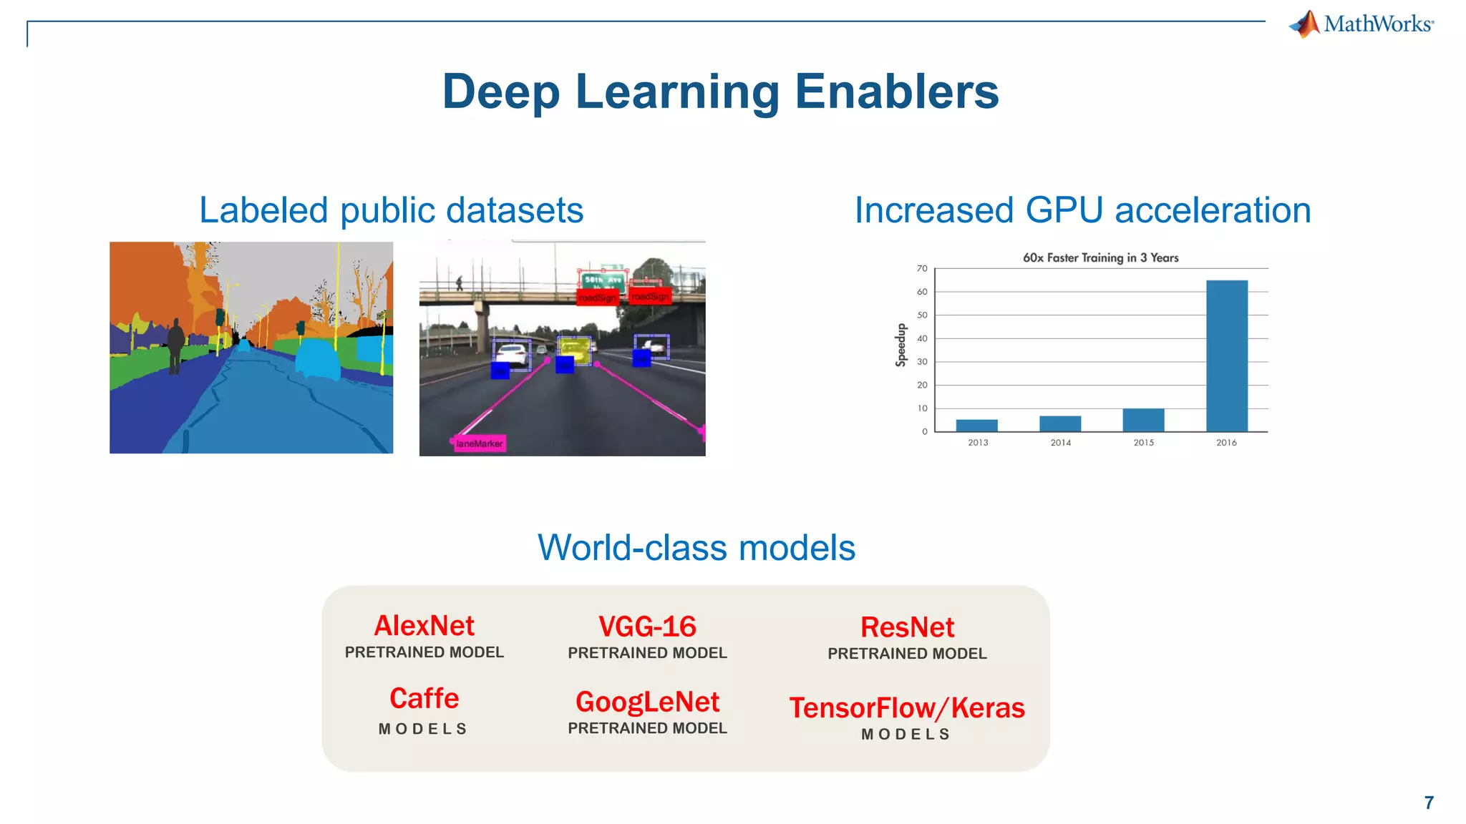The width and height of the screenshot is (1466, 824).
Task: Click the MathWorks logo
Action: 1361,24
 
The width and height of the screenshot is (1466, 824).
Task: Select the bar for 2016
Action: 1226,355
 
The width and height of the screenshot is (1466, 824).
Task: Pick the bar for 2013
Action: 976,426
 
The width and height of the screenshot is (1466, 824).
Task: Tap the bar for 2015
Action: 1143,420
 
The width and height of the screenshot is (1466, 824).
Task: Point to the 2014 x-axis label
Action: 1060,443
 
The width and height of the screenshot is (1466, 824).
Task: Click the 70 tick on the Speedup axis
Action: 922,269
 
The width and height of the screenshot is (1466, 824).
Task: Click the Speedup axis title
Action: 901,345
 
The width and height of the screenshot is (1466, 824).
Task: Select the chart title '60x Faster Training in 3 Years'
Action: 1100,257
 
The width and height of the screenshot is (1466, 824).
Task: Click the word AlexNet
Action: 424,626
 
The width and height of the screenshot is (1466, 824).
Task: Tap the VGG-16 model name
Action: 647,627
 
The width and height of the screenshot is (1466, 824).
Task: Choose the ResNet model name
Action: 907,627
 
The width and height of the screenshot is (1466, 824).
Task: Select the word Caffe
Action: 424,698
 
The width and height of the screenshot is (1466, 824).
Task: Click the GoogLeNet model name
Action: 647,702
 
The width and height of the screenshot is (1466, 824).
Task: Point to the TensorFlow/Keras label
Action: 907,708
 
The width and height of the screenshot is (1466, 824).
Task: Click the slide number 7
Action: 1429,803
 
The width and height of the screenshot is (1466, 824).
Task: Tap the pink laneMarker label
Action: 479,443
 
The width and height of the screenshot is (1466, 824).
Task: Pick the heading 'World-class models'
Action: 696,548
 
